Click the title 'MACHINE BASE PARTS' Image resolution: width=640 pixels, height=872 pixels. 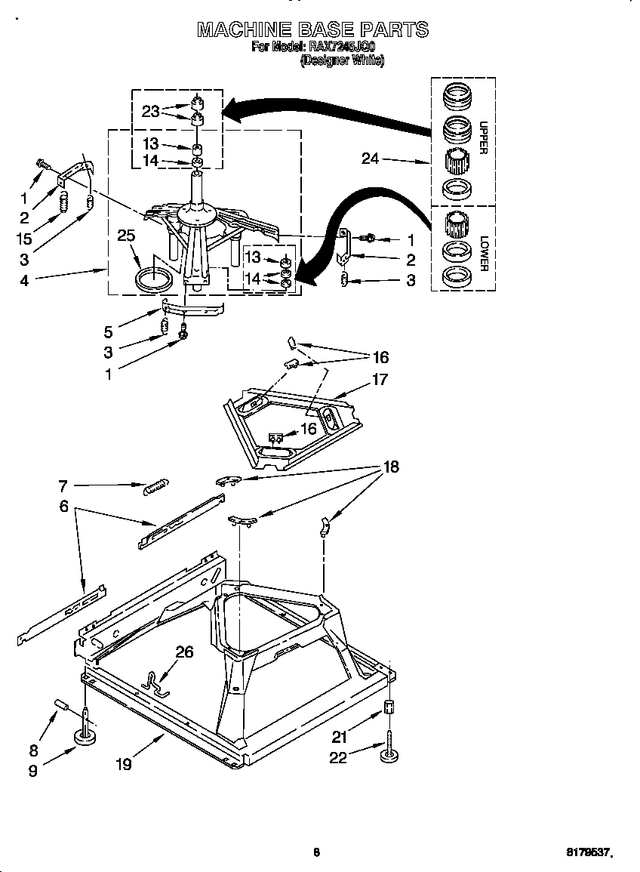click(312, 29)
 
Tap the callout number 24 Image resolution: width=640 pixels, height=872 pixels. click(370, 159)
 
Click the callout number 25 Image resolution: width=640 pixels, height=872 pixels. click(126, 236)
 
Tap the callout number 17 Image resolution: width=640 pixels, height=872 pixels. click(380, 379)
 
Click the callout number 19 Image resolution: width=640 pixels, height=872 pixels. click(123, 764)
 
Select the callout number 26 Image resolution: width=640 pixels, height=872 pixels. click(185, 652)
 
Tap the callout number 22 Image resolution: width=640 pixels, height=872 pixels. click(338, 757)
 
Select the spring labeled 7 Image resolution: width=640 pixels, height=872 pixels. click(156, 488)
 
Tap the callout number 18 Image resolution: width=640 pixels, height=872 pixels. click(391, 467)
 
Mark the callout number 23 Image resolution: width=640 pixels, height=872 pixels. click(151, 111)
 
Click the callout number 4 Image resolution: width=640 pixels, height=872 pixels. click(25, 280)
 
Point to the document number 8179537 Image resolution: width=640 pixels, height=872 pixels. click(588, 853)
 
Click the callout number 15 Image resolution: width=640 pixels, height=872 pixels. click(25, 239)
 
